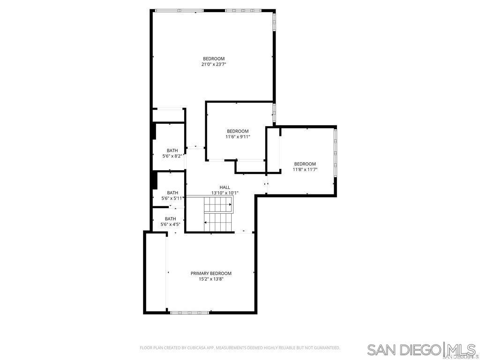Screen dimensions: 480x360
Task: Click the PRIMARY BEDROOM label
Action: pyautogui.click(x=211, y=273)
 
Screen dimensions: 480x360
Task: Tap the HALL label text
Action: pyautogui.click(x=225, y=187)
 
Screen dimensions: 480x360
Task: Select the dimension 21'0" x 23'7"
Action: pyautogui.click(x=214, y=64)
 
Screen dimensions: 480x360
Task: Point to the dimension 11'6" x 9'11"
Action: pyautogui.click(x=238, y=137)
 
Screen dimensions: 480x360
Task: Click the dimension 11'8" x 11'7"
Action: pyautogui.click(x=305, y=169)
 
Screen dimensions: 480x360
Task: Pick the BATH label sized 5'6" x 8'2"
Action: pyautogui.click(x=172, y=150)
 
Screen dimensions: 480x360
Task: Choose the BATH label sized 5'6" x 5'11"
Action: pyautogui.click(x=172, y=193)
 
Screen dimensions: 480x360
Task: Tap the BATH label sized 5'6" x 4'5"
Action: pyautogui.click(x=171, y=219)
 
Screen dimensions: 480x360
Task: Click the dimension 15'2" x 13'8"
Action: pyautogui.click(x=211, y=279)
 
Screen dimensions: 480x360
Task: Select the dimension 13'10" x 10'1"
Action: pyautogui.click(x=225, y=193)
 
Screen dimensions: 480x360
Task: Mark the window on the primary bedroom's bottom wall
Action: pyautogui.click(x=189, y=313)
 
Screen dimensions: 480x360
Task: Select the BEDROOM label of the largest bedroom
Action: pyautogui.click(x=214, y=59)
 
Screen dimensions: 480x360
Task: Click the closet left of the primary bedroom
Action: pyautogui.click(x=156, y=272)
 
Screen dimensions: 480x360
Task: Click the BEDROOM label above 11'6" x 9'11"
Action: pyautogui.click(x=238, y=131)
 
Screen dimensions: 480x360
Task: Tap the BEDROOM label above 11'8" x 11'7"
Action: pyautogui.click(x=305, y=164)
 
